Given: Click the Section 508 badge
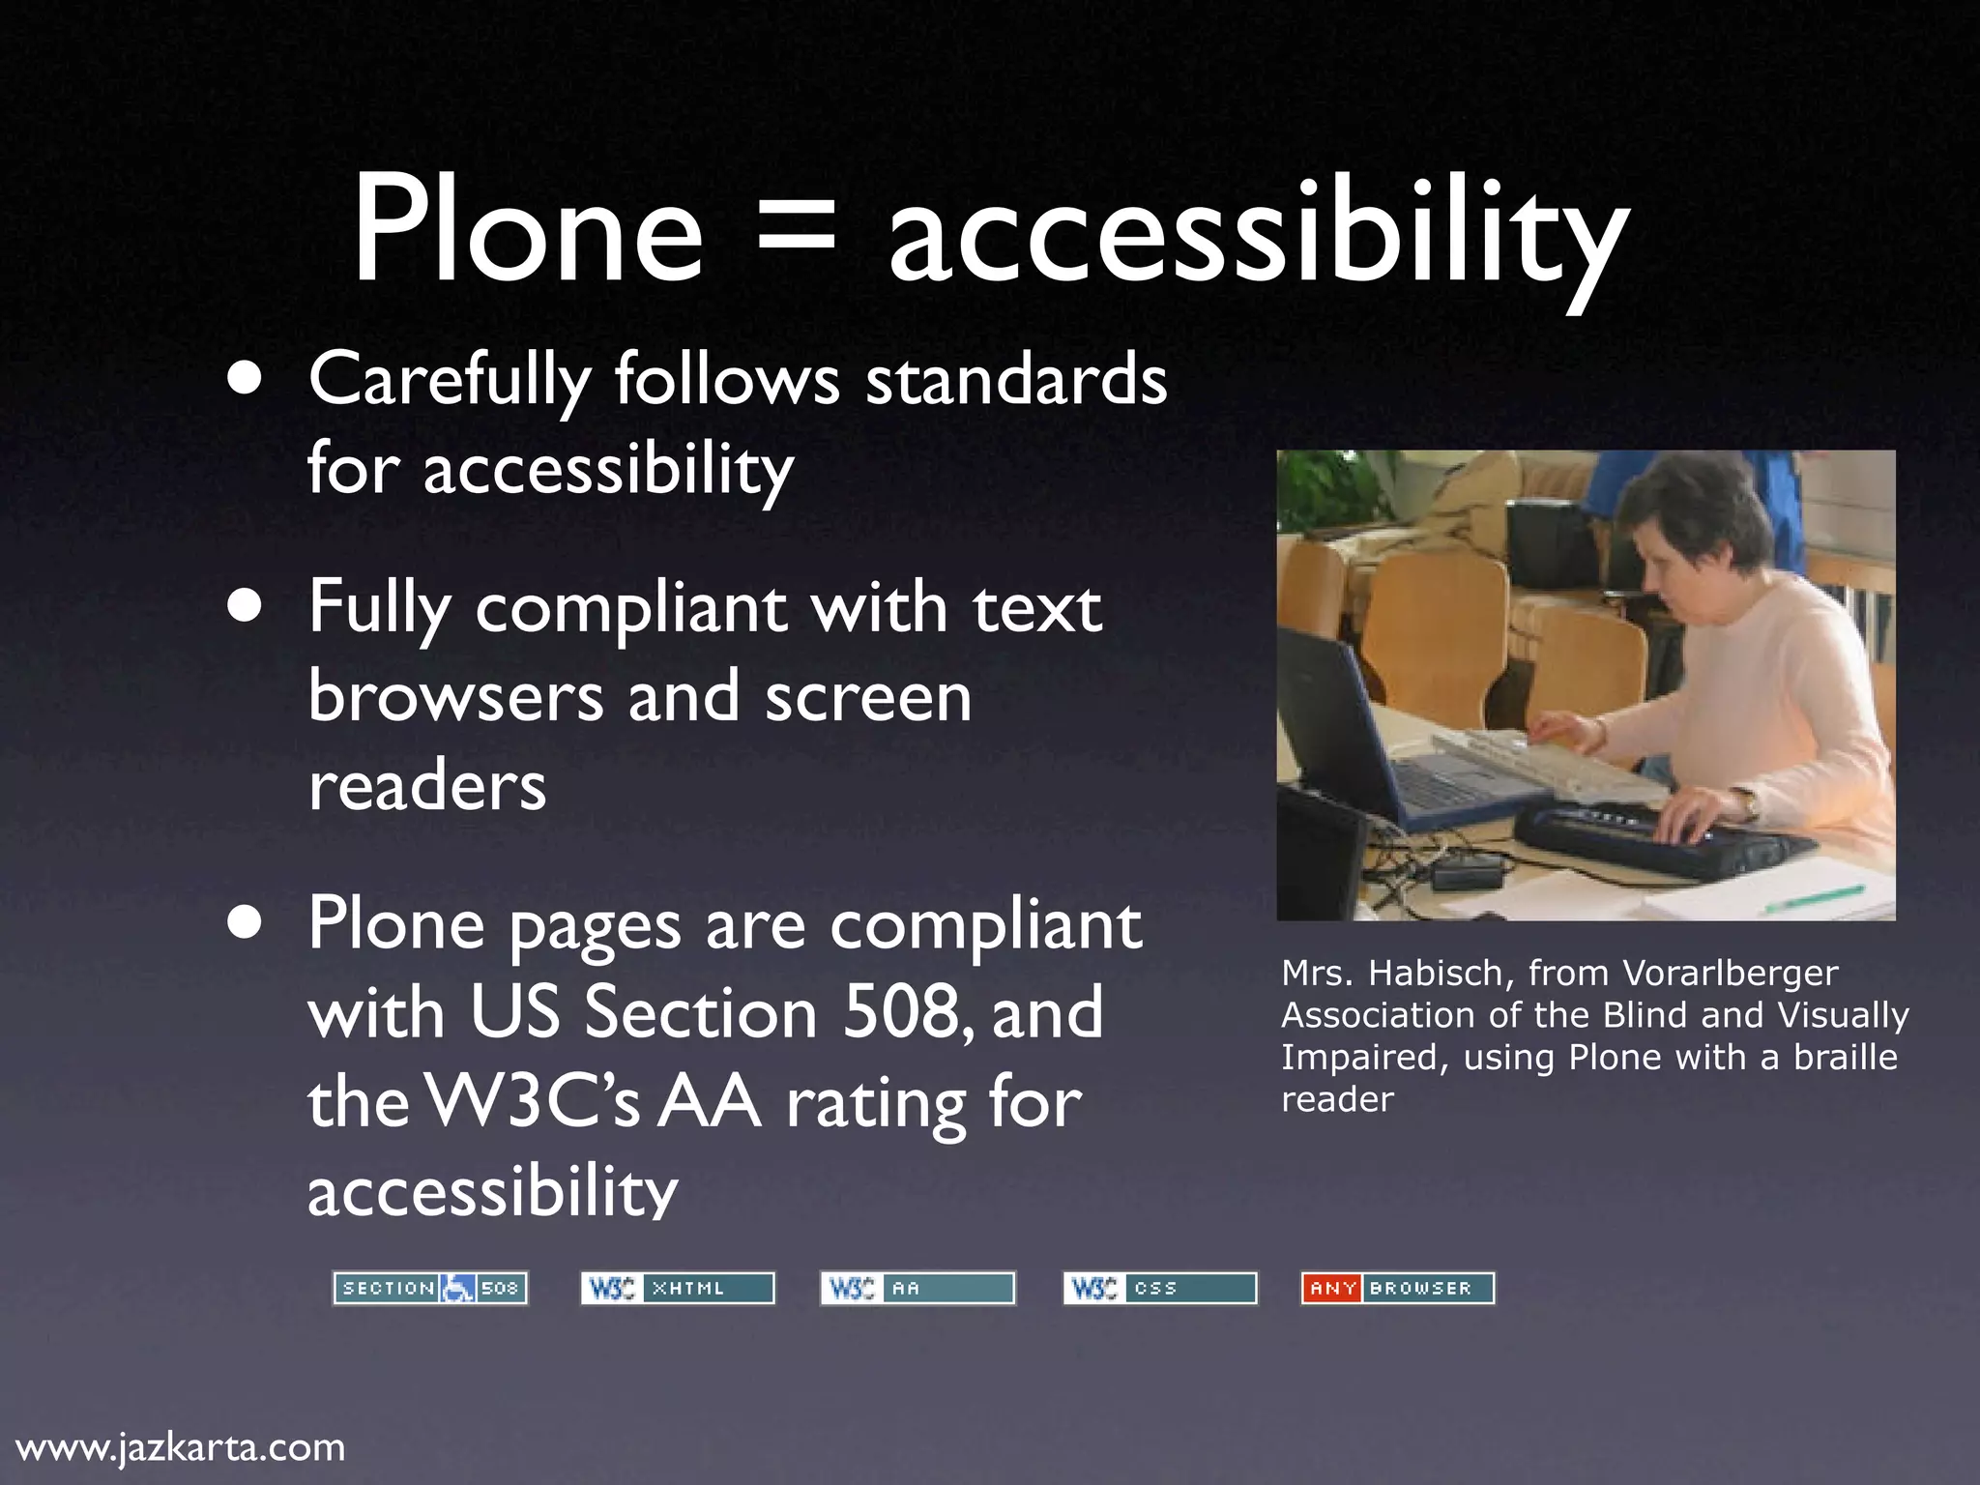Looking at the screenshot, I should tap(430, 1288).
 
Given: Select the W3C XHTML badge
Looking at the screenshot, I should tap(678, 1288).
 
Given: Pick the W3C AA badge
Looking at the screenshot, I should tap(917, 1288).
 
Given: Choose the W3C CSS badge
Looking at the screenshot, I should tap(1160, 1288).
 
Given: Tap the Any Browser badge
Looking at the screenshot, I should tap(1398, 1288).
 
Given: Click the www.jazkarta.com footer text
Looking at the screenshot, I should tap(181, 1447).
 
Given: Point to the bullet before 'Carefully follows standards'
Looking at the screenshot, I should tap(246, 380).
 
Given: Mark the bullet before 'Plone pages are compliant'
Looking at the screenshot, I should tap(246, 924).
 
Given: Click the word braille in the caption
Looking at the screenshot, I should tap(1846, 1057).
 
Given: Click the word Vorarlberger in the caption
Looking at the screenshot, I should tap(1730, 973).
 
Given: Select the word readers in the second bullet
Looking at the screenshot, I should tap(427, 785).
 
